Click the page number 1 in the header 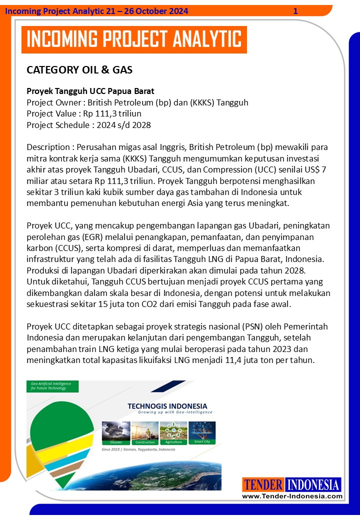(295, 11)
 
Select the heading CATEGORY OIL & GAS (79, 70)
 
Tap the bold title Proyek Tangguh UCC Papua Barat (90, 91)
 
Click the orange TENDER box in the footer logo (264, 485)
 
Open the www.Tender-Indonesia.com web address (292, 496)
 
